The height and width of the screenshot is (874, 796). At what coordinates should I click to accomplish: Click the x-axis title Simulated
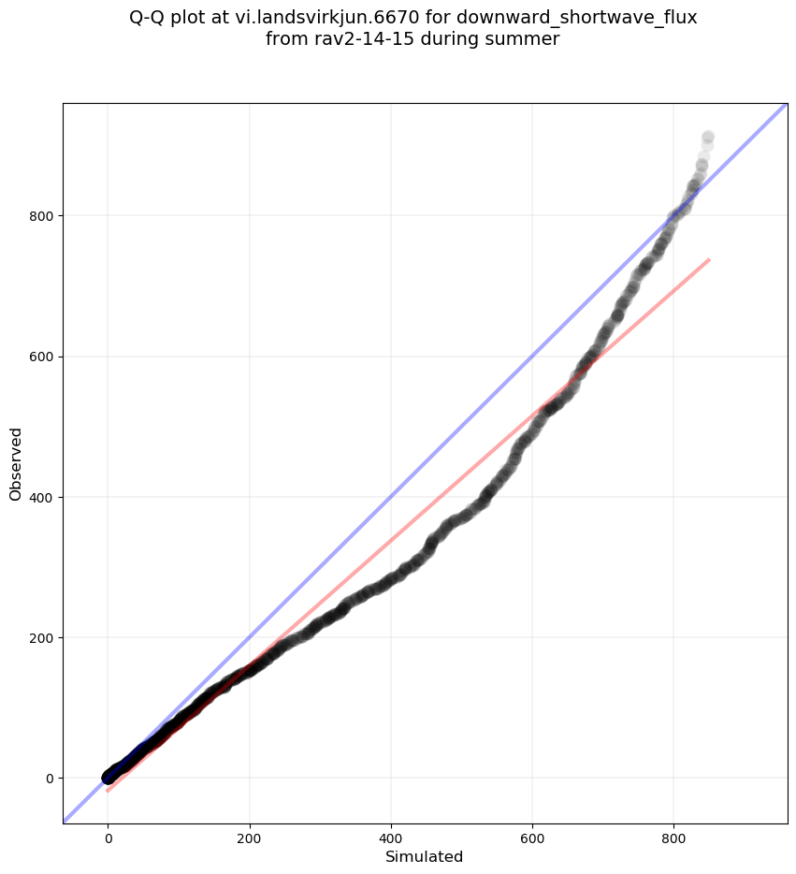[x=425, y=856]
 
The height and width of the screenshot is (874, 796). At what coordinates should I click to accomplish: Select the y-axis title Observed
[x=16, y=463]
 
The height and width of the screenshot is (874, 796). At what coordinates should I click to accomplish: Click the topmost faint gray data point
[x=708, y=138]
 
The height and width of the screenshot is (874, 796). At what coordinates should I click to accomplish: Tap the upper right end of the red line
[x=709, y=259]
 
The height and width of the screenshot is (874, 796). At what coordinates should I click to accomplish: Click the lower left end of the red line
[x=109, y=791]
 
